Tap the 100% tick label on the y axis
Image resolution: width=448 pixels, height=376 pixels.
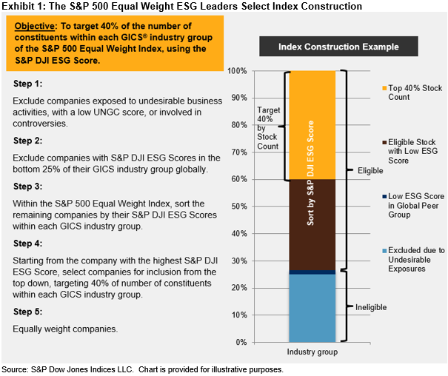[x=238, y=71]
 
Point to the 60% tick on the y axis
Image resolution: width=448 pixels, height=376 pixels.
[x=239, y=179]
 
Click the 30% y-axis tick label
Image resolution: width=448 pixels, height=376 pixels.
[x=239, y=261]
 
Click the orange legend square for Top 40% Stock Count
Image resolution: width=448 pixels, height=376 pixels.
[x=384, y=87]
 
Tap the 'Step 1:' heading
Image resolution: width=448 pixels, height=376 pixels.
[x=27, y=84]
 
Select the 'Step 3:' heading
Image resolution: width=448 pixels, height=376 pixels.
[x=27, y=188]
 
